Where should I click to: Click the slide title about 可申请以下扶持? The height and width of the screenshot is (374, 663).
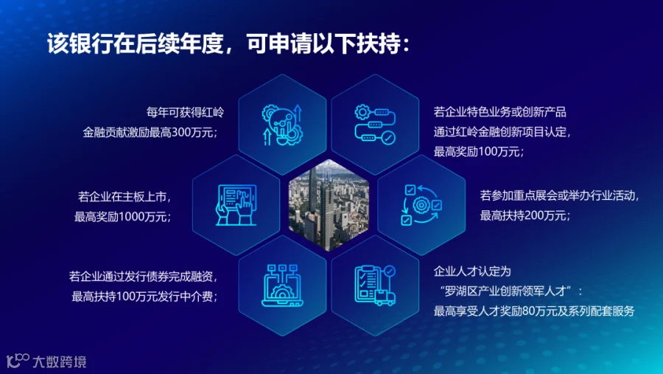pyautogui.click(x=228, y=44)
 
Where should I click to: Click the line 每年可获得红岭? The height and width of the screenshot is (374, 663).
pyautogui.click(x=185, y=112)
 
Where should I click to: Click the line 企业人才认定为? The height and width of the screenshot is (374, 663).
pyautogui.click(x=472, y=271)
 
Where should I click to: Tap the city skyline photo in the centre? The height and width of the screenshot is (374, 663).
pyautogui.click(x=329, y=205)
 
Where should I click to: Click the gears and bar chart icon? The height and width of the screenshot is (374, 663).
pyautogui.click(x=282, y=125)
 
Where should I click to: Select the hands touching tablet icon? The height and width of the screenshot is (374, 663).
pyautogui.click(x=236, y=205)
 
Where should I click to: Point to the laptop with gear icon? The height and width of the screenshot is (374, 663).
pyautogui.click(x=282, y=285)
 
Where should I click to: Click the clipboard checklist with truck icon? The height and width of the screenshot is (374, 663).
pyautogui.click(x=375, y=285)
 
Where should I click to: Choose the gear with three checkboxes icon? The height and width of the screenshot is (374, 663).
pyautogui.click(x=421, y=205)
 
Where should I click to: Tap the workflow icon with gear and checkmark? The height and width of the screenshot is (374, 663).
pyautogui.click(x=375, y=125)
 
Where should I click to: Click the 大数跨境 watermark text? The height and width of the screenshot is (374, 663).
pyautogui.click(x=60, y=361)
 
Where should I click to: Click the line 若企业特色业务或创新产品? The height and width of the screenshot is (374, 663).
pyautogui.click(x=499, y=112)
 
